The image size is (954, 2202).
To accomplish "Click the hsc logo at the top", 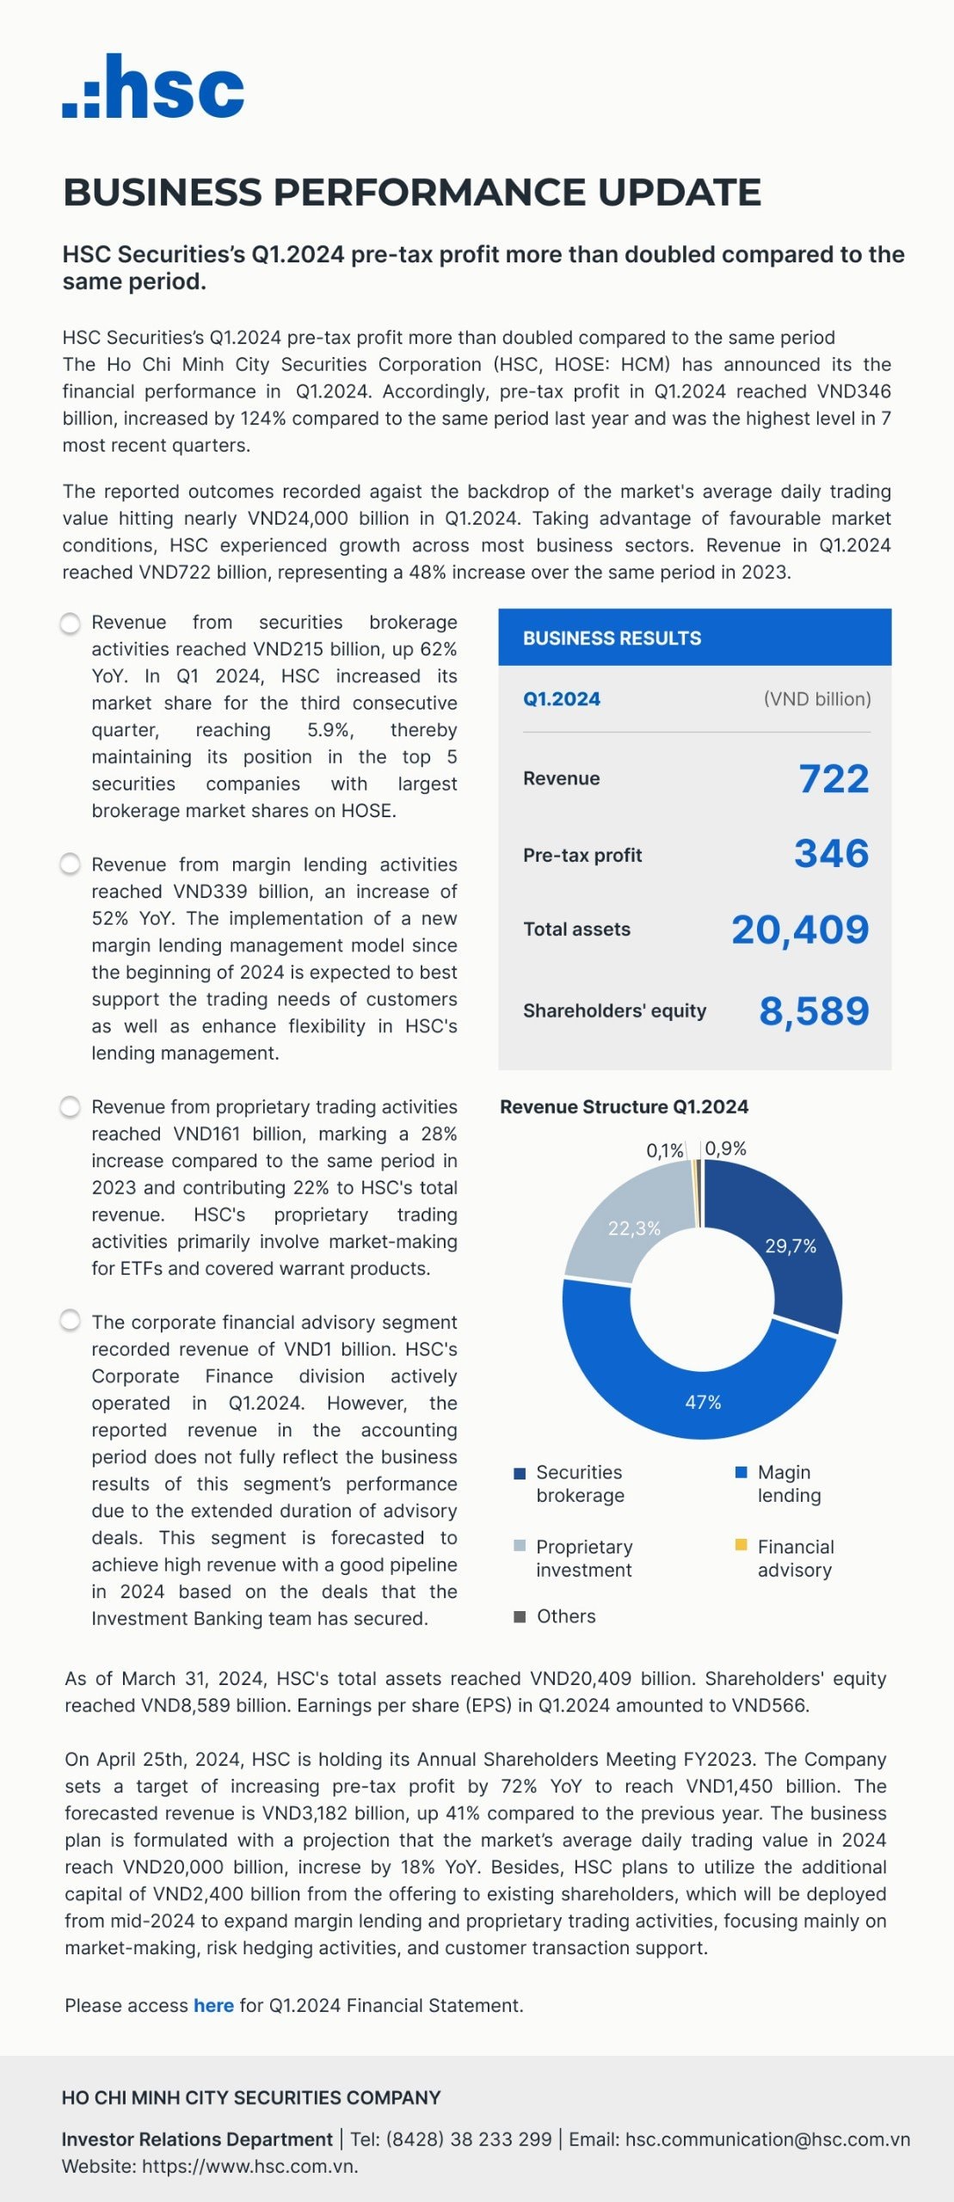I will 153,87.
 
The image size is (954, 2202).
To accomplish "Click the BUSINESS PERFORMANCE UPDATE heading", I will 412,192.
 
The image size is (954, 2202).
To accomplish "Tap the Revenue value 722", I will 833,778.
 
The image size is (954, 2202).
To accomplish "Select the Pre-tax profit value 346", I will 831,853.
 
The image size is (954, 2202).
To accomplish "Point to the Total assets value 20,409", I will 799,929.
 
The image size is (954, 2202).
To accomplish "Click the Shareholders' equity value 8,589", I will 813,1011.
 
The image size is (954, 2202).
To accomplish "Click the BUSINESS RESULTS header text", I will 612,638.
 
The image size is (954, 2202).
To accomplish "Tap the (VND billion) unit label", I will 816,699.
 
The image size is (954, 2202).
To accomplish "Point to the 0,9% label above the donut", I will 725,1148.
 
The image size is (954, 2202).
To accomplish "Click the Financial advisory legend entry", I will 795,1558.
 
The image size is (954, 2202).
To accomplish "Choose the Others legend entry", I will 565,1616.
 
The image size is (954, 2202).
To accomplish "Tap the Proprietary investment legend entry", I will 583,1558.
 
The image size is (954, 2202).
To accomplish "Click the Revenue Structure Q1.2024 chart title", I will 624,1107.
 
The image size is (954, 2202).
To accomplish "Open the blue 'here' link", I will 213,2005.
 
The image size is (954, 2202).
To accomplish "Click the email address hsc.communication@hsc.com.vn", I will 766,2139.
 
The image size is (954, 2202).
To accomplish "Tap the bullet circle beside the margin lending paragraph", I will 71,864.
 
